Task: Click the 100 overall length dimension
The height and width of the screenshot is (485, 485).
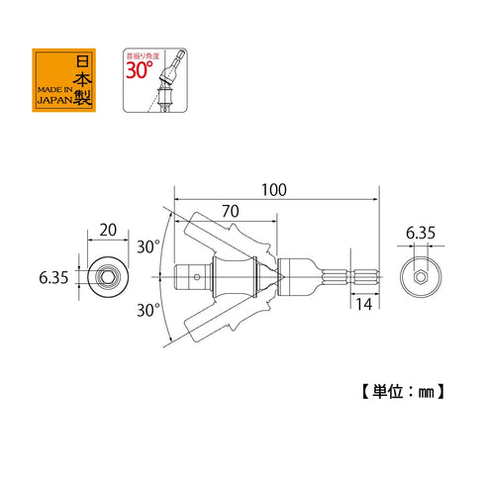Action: [x=274, y=190]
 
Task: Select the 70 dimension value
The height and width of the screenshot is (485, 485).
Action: [x=231, y=211]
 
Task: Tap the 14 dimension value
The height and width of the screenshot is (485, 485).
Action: [x=363, y=304]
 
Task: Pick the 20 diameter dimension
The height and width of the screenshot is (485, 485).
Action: [x=108, y=230]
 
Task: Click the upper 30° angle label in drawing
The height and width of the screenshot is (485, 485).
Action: [x=148, y=246]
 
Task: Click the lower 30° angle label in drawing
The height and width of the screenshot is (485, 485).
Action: [x=148, y=310]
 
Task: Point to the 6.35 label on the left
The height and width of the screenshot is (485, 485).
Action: [x=53, y=277]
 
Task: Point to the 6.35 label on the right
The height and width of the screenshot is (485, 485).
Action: [x=421, y=233]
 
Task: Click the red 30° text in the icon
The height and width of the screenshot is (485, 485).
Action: [x=140, y=70]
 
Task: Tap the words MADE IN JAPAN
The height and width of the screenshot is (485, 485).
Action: [x=55, y=95]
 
